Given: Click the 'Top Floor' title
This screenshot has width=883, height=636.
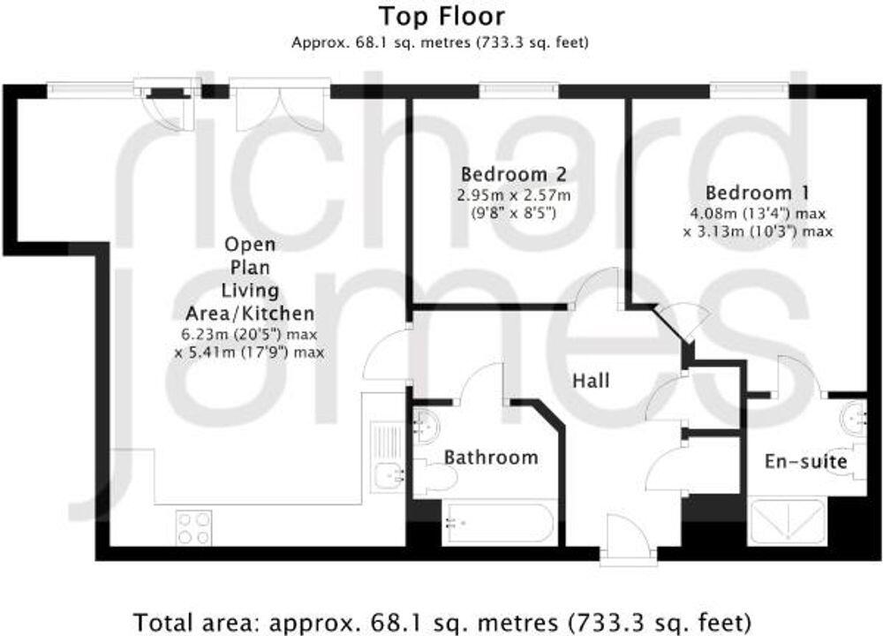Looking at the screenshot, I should coord(441,16).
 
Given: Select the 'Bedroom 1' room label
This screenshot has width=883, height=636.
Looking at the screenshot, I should coord(757,193).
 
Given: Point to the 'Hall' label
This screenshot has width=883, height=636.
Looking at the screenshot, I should coord(591,382).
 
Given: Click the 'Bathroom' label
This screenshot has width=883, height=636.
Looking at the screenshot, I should coord(490,458).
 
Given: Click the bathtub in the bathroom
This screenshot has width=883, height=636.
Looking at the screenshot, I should coord(499,523).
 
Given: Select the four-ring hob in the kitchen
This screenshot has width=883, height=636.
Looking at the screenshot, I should coord(193,527).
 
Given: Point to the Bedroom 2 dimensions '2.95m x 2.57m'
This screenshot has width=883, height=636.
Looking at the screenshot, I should coord(514,195).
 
